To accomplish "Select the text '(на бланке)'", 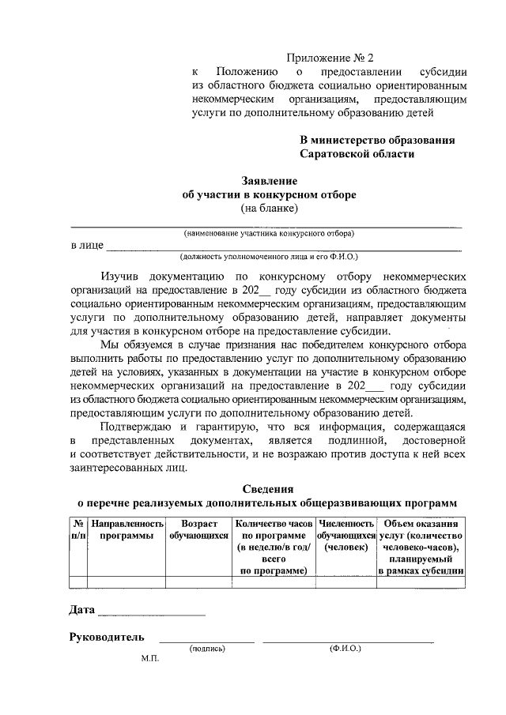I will tap(269, 209).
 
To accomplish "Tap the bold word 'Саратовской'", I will tap(334, 154).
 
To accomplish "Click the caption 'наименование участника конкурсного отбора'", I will tap(269, 234).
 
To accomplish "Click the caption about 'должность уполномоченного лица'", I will tap(269, 257).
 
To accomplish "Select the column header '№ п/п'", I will tap(78, 529).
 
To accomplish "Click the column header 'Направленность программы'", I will tap(127, 529).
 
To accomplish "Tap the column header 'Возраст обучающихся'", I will tap(198, 529).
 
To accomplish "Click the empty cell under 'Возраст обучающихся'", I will tap(198, 583).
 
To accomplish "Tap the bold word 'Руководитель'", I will tap(107, 637).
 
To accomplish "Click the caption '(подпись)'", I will tap(207, 649).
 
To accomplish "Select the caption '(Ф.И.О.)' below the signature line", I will tap(345, 649).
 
